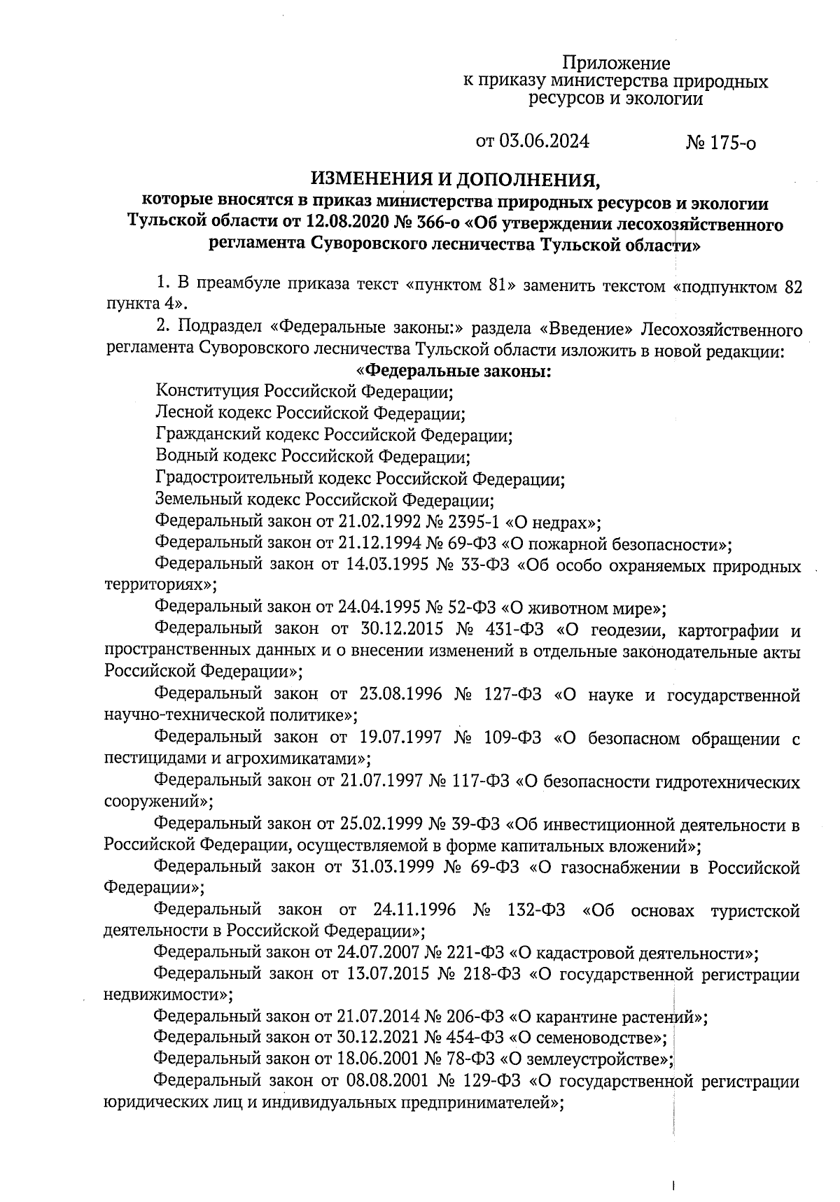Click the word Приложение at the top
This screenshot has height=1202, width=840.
(617, 63)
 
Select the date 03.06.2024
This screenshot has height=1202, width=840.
(542, 142)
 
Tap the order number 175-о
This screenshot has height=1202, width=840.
(731, 144)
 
